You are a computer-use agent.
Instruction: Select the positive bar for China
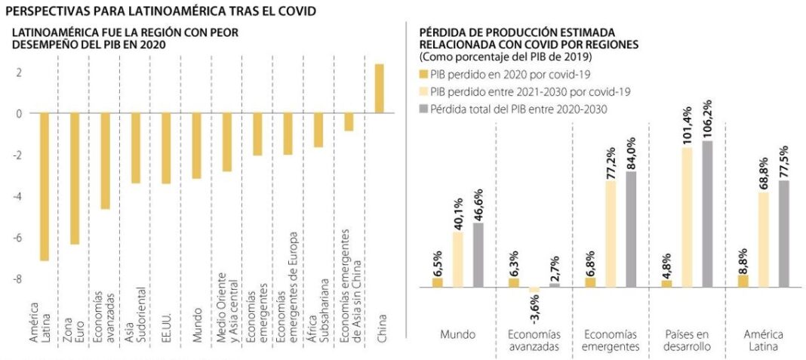click(x=379, y=88)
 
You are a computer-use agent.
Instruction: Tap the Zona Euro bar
click(x=75, y=178)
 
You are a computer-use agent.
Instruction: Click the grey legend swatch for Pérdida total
click(x=423, y=109)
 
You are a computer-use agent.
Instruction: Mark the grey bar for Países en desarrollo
click(x=707, y=214)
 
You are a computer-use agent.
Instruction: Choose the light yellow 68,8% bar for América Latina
click(x=764, y=239)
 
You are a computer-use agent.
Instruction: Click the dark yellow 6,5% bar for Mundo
click(x=437, y=282)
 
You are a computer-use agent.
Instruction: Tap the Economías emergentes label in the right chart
click(x=611, y=340)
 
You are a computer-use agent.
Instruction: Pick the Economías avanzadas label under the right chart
click(x=533, y=340)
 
